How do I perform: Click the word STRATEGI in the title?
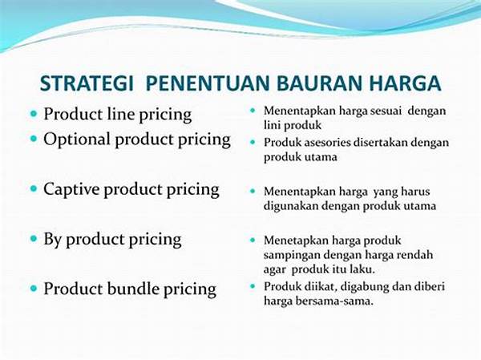[87, 83]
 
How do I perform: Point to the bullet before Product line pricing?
[34, 114]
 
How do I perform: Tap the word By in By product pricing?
[52, 240]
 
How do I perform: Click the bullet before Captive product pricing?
[34, 188]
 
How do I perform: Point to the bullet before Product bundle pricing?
[34, 289]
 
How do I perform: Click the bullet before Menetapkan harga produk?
[253, 240]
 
